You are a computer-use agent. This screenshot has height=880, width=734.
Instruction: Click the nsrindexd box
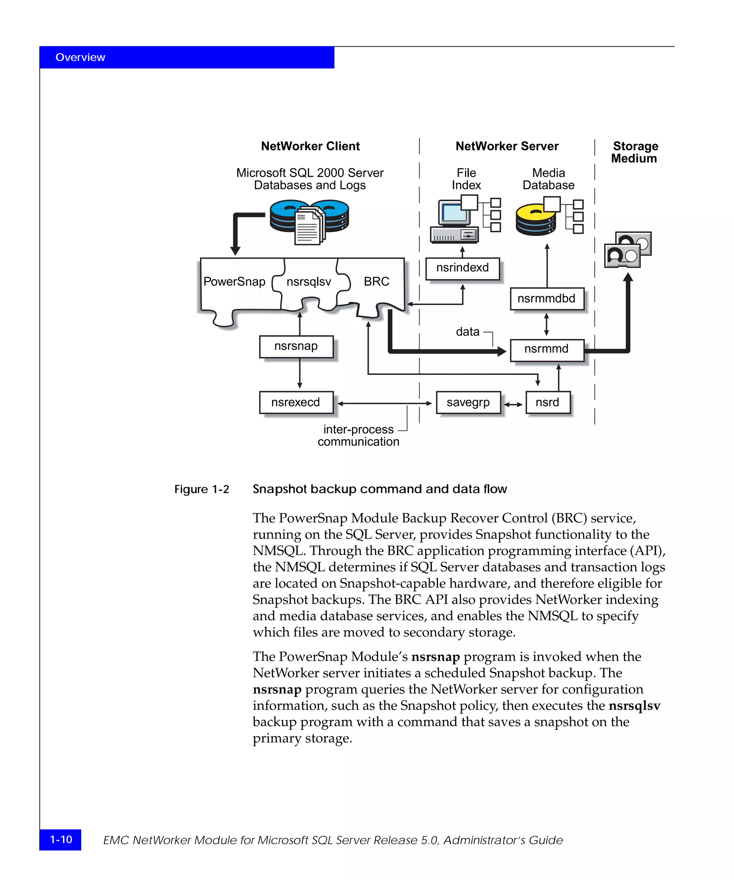click(x=462, y=268)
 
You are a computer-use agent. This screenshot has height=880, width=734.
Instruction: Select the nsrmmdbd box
click(x=547, y=299)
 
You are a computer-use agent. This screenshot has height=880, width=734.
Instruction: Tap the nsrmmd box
click(x=547, y=349)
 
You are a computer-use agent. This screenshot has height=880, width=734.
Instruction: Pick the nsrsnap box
click(x=296, y=347)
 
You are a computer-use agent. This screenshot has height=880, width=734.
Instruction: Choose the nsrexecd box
click(x=296, y=402)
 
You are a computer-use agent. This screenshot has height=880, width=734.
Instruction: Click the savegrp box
click(x=468, y=402)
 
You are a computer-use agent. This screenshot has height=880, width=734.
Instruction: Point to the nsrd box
click(x=547, y=402)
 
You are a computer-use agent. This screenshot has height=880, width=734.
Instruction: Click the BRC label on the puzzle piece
click(x=376, y=282)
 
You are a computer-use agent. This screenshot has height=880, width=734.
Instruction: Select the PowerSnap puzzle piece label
click(x=234, y=282)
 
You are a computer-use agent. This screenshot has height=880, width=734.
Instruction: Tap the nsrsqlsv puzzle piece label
click(x=309, y=282)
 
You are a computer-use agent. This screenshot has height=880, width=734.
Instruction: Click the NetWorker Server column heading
click(x=507, y=146)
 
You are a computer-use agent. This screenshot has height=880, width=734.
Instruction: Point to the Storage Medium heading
click(x=635, y=152)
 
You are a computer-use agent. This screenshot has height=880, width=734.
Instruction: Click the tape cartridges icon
click(x=628, y=250)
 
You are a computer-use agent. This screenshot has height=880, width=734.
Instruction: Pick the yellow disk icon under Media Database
click(x=535, y=219)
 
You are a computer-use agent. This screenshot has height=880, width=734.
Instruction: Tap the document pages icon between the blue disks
click(x=310, y=226)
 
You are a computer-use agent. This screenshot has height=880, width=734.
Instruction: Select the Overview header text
click(x=80, y=57)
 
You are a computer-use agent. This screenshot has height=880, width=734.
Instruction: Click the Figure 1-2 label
click(x=202, y=489)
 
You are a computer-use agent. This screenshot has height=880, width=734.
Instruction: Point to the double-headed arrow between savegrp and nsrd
click(x=513, y=405)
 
